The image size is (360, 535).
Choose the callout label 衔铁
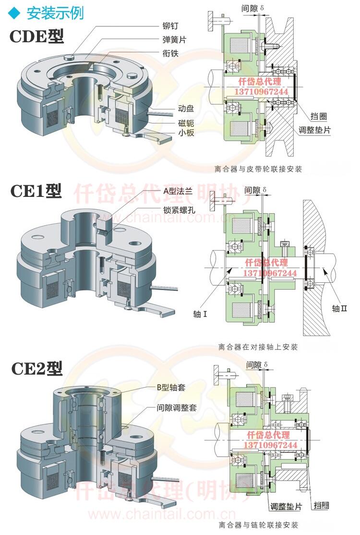pyautogui.click(x=170, y=54)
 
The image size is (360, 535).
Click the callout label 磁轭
pyautogui.click(x=186, y=123)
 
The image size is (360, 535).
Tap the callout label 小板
pyautogui.click(x=186, y=133)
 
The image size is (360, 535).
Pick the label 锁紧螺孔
pyautogui.click(x=179, y=209)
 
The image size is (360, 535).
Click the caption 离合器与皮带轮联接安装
pyautogui.click(x=259, y=169)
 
